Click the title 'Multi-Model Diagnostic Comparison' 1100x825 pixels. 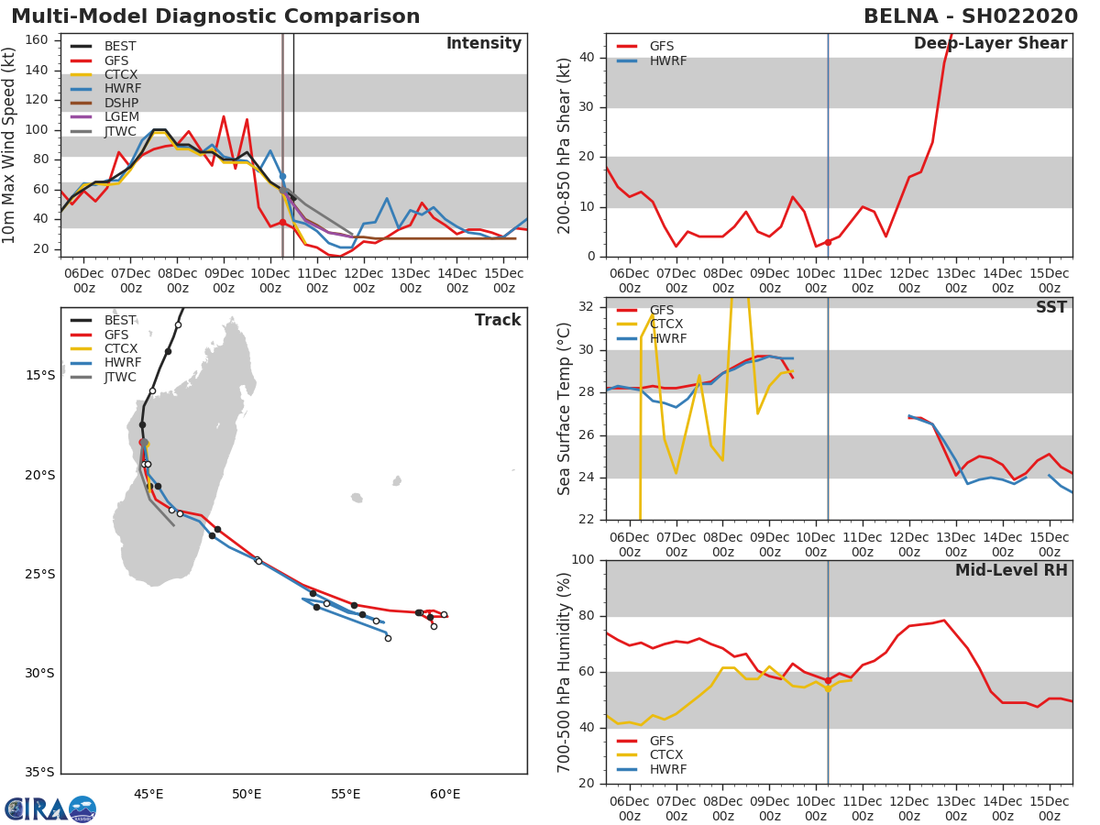pyautogui.click(x=215, y=16)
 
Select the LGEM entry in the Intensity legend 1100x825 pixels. pyautogui.click(x=122, y=117)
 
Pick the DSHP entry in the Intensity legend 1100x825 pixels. pyautogui.click(x=122, y=103)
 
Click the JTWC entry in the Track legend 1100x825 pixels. pyautogui.click(x=120, y=378)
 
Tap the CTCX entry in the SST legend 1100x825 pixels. pyautogui.click(x=666, y=324)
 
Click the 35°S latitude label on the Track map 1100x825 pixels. pyautogui.click(x=39, y=773)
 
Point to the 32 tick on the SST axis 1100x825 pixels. pyautogui.click(x=587, y=306)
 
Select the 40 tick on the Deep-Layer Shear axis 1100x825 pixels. pyautogui.click(x=587, y=58)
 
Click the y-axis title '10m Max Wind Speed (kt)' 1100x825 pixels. pyautogui.click(x=10, y=145)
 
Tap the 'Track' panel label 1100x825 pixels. pyautogui.click(x=497, y=321)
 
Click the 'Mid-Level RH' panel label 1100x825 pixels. pyautogui.click(x=1010, y=571)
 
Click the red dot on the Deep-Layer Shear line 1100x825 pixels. pyautogui.click(x=828, y=242)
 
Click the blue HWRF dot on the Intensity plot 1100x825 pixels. pyautogui.click(x=282, y=176)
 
